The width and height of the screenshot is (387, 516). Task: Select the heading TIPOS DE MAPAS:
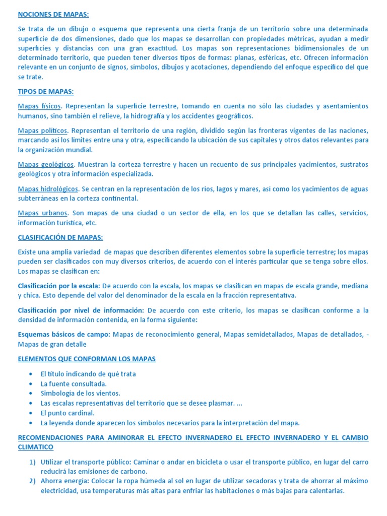(46, 91)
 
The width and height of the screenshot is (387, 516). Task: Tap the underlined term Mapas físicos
(40, 106)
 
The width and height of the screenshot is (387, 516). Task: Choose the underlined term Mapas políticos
(42, 131)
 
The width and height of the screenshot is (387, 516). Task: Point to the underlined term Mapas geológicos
(46, 164)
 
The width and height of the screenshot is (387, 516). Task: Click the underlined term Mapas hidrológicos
(48, 189)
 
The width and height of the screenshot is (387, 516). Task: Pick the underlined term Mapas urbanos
(43, 213)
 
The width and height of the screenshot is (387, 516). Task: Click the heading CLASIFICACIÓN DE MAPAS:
(60, 237)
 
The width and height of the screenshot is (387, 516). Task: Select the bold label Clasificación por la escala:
(59, 286)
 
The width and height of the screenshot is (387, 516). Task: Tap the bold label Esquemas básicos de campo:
(64, 334)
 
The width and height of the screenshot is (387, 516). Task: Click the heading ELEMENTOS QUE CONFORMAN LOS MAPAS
(87, 359)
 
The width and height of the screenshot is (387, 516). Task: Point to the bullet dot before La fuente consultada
(31, 383)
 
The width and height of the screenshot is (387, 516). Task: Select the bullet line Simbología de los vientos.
(80, 393)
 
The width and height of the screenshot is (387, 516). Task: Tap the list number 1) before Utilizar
(32, 462)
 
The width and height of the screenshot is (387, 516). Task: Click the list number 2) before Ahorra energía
(32, 481)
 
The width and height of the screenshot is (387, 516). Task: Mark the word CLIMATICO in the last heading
(35, 447)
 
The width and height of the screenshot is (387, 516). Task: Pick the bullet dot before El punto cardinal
(31, 413)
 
